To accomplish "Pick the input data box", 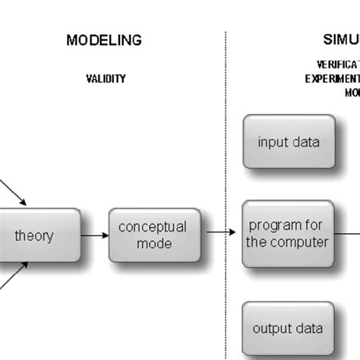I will pyautogui.click(x=289, y=141).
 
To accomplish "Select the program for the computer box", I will pyautogui.click(x=289, y=234).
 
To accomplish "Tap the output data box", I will pyautogui.click(x=289, y=329).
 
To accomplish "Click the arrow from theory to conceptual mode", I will pyautogui.click(x=94, y=235).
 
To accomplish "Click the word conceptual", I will pyautogui.click(x=152, y=227).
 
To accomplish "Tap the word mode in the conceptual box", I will pyautogui.click(x=153, y=244).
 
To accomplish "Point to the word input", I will pyautogui.click(x=273, y=141).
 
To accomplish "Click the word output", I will pyautogui.click(x=270, y=329).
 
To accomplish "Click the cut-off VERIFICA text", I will pyautogui.click(x=337, y=65).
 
